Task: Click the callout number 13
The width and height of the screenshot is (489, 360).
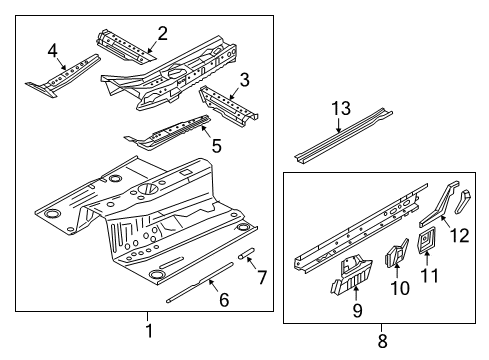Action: pyautogui.click(x=341, y=108)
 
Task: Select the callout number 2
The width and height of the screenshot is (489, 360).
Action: pyautogui.click(x=162, y=34)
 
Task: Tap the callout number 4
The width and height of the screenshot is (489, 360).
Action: pyautogui.click(x=53, y=51)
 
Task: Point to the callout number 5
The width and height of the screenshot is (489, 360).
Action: pyautogui.click(x=217, y=146)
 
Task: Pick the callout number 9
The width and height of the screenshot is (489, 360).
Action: pyautogui.click(x=357, y=310)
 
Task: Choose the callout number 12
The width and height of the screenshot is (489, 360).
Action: pyautogui.click(x=460, y=235)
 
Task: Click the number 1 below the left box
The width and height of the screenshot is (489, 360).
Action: pyautogui.click(x=149, y=331)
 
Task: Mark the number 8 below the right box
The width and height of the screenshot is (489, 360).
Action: pyautogui.click(x=382, y=341)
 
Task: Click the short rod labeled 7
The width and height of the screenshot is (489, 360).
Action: pyautogui.click(x=247, y=253)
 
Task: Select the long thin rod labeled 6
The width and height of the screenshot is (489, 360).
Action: pyautogui.click(x=200, y=282)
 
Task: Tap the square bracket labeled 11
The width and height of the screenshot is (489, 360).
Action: pyautogui.click(x=426, y=240)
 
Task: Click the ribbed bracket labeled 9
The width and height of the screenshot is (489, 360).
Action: pyautogui.click(x=352, y=275)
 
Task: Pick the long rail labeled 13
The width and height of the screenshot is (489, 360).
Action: pyautogui.click(x=343, y=135)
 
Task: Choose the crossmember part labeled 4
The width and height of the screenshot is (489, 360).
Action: pyautogui.click(x=63, y=75)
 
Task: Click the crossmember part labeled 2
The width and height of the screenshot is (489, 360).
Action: pyautogui.click(x=125, y=47)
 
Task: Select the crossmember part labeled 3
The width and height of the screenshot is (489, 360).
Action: pyautogui.click(x=228, y=105)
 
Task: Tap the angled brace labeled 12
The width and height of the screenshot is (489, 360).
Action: pyautogui.click(x=439, y=204)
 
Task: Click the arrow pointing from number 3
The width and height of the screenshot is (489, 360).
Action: pyautogui.click(x=235, y=93)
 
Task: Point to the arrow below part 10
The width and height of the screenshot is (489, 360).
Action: pyautogui.click(x=397, y=270)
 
